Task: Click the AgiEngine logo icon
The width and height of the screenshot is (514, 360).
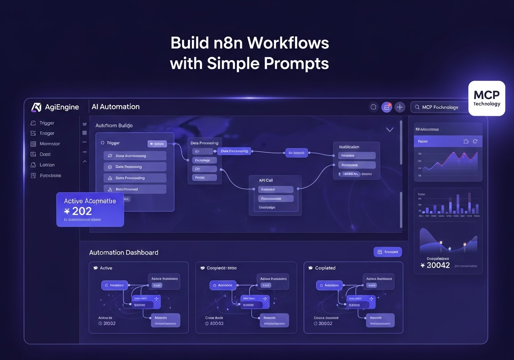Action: point(37,107)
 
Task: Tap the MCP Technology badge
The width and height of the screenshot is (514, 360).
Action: point(487,98)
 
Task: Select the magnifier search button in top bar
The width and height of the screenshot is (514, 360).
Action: point(373,107)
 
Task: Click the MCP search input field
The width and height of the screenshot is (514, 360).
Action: point(440,107)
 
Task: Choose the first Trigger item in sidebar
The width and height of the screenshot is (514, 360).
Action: point(47,123)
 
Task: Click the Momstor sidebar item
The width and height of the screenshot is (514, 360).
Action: point(49,144)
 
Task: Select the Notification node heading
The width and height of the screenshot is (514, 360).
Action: point(349,147)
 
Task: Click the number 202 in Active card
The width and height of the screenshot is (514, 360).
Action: point(82,211)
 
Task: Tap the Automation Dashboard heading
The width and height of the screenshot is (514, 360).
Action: point(124,252)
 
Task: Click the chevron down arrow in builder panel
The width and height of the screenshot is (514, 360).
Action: point(390,129)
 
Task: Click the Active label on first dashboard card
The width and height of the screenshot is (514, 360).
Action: point(106,268)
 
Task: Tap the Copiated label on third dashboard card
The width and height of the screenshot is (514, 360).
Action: point(325,268)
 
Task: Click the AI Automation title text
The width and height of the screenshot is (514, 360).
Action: point(116,107)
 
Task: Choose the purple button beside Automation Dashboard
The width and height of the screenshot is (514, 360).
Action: point(388,252)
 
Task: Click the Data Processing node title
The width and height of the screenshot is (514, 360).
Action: point(204,143)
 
